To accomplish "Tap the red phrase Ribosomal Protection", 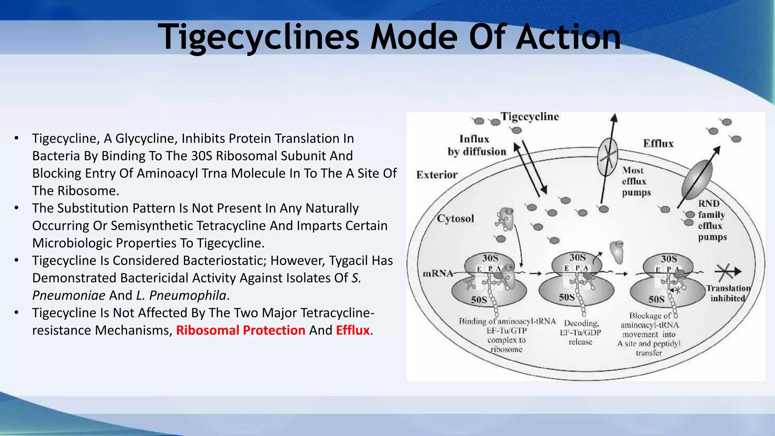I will pos(241,330).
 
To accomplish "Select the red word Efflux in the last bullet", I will pos(353,330).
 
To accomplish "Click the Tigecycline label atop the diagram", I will pos(530,117).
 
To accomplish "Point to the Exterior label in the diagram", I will pos(437,175).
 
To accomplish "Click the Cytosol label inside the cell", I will pos(455,219).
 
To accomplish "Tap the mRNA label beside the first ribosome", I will pos(438,273).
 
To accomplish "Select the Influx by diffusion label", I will pos(476,145).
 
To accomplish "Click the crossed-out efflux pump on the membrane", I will pos(607,157).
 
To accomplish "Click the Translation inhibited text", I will pos(728,293).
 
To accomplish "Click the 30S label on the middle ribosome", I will pos(577,258).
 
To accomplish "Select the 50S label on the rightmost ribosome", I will pos(657,299).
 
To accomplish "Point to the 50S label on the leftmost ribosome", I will pos(479,300).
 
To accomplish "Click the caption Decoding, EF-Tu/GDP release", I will pos(581,332).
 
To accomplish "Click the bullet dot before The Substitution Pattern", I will pos(16,208).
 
